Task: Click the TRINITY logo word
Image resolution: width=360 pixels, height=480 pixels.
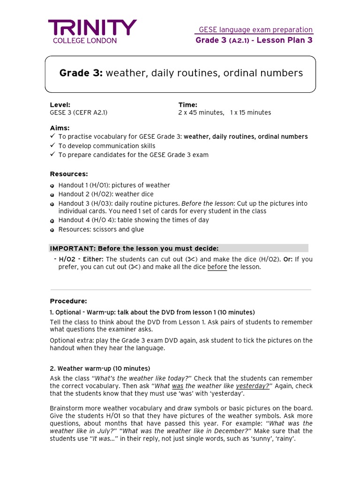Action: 92,28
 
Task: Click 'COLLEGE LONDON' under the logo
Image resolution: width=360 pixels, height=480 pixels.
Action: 82,41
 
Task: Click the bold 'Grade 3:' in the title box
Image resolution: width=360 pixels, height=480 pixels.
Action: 81,73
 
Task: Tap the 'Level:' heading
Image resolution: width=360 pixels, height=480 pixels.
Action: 60,105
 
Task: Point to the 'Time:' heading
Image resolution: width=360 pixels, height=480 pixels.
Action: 187,105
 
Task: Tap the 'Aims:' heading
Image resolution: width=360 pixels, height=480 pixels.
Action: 60,128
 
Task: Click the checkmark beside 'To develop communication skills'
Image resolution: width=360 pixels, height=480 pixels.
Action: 52,146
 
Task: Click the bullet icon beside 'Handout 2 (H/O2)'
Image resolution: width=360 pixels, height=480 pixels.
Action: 52,195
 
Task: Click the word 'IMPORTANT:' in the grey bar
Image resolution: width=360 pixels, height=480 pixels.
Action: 68,248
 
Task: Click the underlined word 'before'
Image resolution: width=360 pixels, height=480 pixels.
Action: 217,267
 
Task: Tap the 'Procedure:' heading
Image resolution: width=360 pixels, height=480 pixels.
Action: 68,301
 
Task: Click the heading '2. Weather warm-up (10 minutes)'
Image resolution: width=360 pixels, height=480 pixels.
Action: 100,368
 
